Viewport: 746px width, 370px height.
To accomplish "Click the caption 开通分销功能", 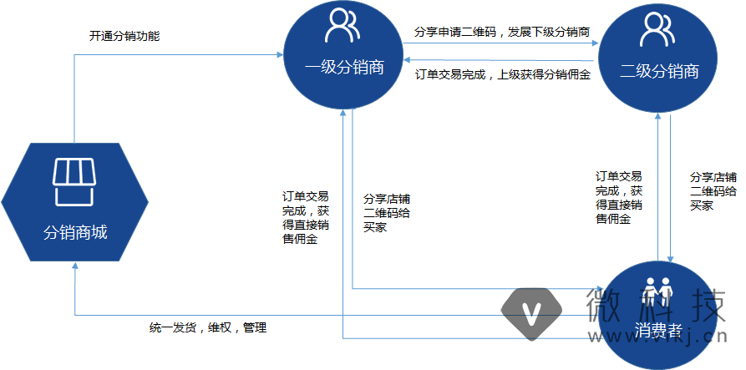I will [x=124, y=37].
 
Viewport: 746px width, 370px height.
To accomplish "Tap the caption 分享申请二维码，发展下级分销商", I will [x=502, y=33].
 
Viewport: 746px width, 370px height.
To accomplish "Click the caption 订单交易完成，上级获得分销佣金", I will [x=502, y=74].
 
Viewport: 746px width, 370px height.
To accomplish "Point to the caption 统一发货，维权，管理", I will [x=207, y=327].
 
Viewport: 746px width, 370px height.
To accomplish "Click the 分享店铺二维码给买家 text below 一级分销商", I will [x=386, y=213].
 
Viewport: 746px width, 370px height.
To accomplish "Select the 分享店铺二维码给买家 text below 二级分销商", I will [x=713, y=191].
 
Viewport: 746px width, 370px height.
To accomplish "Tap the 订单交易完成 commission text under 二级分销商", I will [x=618, y=198].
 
